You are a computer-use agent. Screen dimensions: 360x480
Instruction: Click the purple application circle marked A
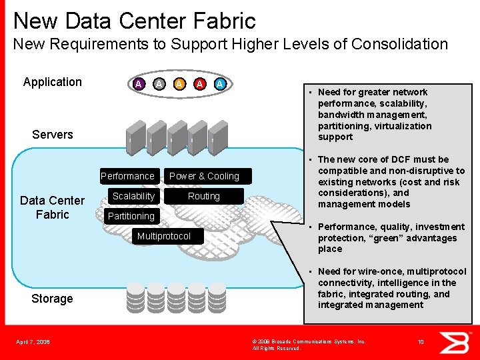[138, 84]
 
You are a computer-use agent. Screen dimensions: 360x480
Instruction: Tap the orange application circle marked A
[179, 84]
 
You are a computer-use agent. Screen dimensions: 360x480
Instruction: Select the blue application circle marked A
[220, 84]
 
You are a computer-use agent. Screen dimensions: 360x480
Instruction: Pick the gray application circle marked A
[159, 84]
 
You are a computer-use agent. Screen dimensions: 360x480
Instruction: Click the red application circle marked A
[199, 84]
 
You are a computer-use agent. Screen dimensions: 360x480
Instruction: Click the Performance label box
[127, 176]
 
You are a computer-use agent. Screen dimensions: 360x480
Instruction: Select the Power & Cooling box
[204, 176]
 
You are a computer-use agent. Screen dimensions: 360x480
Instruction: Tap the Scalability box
[133, 196]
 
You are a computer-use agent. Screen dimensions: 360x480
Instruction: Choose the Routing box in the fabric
[204, 196]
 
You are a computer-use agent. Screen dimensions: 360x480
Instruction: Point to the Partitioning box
[131, 216]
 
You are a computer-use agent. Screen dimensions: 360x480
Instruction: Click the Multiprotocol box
[163, 236]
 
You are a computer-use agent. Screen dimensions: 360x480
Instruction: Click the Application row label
[52, 82]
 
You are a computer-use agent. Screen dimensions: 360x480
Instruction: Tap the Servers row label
[52, 135]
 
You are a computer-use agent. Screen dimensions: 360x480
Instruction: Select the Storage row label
[52, 299]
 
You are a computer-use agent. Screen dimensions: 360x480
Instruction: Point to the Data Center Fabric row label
[52, 207]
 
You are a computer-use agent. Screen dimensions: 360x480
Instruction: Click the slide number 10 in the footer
[421, 342]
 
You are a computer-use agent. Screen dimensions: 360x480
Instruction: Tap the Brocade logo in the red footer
[459, 342]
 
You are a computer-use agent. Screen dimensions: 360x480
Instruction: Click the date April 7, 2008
[33, 343]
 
